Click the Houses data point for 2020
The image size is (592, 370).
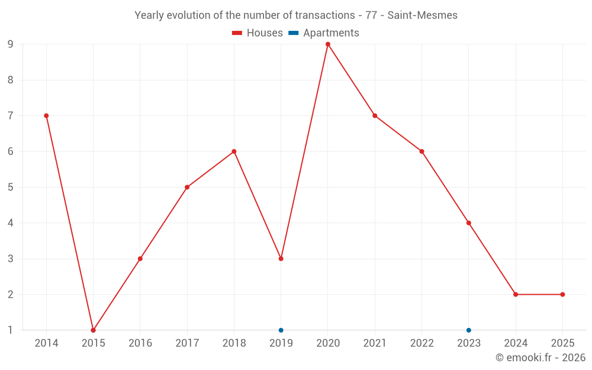click(x=328, y=44)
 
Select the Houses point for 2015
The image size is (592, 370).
click(x=93, y=330)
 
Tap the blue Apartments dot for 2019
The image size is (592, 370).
click(x=281, y=330)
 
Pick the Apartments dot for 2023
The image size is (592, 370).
click(x=469, y=330)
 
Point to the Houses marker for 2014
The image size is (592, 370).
click(x=46, y=116)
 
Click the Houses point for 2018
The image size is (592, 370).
click(x=234, y=152)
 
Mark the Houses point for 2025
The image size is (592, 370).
click(x=562, y=294)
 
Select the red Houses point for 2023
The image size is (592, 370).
click(x=469, y=223)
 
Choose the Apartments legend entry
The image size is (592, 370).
click(x=331, y=33)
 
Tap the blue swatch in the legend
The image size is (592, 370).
click(x=293, y=33)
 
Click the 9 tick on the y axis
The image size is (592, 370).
click(x=11, y=44)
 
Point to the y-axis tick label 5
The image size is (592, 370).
click(x=11, y=187)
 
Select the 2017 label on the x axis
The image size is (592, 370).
click(x=187, y=343)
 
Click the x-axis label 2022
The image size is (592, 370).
click(x=422, y=343)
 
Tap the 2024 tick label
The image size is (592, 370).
click(x=516, y=343)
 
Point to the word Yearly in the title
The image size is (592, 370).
click(x=150, y=15)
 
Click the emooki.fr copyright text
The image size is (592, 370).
click(x=540, y=358)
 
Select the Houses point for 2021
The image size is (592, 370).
click(x=375, y=116)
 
